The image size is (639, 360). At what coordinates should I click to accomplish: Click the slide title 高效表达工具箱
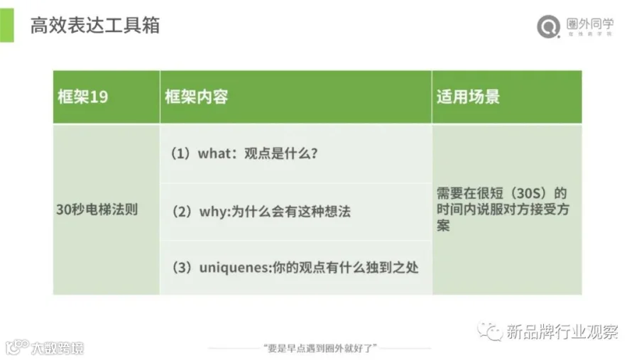(x=95, y=26)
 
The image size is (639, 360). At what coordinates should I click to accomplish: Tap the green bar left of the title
(x=7, y=26)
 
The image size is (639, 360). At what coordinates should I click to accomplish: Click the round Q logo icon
(x=549, y=26)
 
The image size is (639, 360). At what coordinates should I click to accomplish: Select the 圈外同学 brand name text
(x=590, y=23)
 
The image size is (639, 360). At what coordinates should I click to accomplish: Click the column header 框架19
(x=83, y=97)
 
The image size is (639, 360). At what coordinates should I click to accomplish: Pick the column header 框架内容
(x=197, y=97)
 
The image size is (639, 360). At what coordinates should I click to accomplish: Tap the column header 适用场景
(x=469, y=97)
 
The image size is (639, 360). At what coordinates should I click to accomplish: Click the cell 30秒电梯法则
(x=97, y=209)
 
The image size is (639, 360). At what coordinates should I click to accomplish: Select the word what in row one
(x=214, y=153)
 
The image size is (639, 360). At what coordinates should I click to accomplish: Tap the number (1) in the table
(x=180, y=153)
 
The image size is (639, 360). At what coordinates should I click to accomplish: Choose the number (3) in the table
(x=182, y=268)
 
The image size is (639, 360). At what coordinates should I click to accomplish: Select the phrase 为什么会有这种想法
(x=291, y=212)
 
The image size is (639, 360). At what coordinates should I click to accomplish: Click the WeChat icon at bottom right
(x=490, y=331)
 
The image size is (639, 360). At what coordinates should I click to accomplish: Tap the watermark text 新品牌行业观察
(x=562, y=332)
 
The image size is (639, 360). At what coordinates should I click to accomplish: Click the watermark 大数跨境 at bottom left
(x=58, y=348)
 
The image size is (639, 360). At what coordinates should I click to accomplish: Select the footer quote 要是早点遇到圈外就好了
(x=320, y=348)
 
